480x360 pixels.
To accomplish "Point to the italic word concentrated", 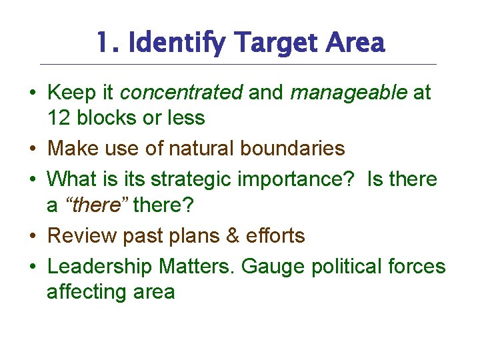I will click(181, 92).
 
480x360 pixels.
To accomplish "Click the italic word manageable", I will click(349, 92).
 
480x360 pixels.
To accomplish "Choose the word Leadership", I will click(100, 267).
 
